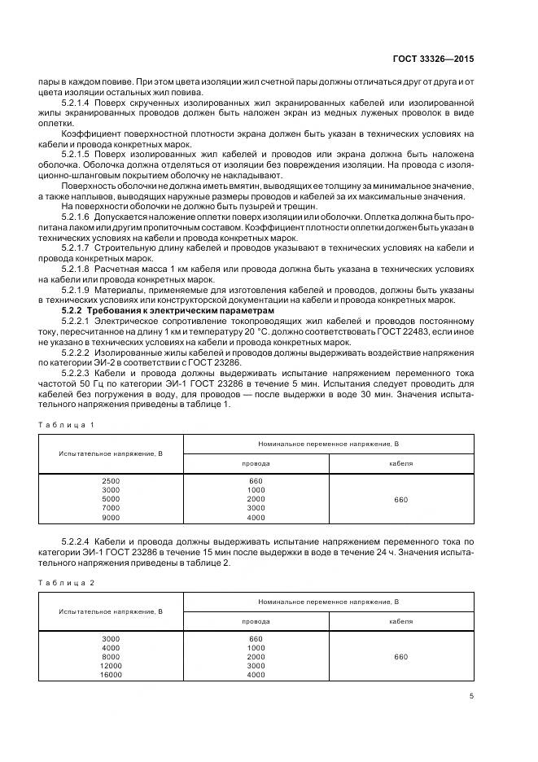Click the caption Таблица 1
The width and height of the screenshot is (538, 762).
(67, 424)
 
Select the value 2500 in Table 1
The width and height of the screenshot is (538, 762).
(111, 481)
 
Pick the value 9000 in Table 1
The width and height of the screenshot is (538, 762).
(111, 517)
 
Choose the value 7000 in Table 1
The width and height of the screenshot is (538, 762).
(111, 508)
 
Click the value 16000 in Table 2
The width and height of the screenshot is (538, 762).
(111, 674)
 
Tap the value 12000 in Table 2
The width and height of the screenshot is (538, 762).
(111, 665)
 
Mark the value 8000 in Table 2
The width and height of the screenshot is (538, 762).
(111, 656)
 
